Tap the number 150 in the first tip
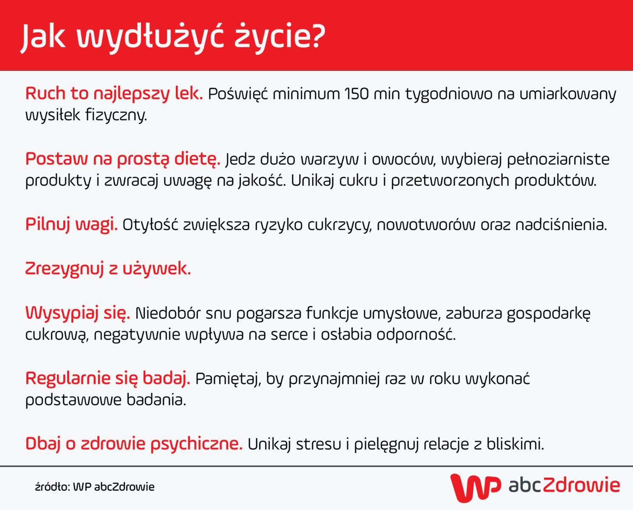point(356,93)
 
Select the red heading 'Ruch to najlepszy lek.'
point(114,93)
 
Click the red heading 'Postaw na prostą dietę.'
point(123,159)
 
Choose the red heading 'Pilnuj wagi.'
point(71,224)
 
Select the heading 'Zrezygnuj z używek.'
point(108,269)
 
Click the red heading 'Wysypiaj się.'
point(78,313)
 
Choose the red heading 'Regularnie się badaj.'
point(107,378)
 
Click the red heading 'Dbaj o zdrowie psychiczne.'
point(134,444)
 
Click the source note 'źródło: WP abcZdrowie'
point(95,487)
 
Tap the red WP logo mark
point(475,487)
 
